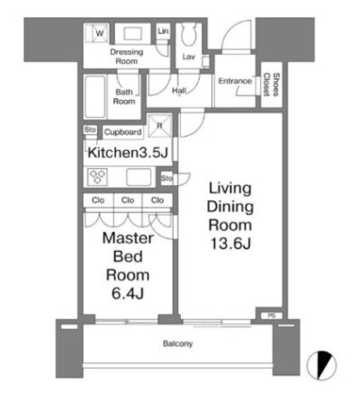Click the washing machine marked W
click(x=96, y=33)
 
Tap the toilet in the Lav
click(x=189, y=34)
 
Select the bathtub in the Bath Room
click(x=95, y=97)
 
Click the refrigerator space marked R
click(x=160, y=126)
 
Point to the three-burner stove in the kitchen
click(x=97, y=177)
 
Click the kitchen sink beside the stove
click(x=139, y=177)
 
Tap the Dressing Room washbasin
click(x=132, y=33)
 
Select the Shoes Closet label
click(x=271, y=84)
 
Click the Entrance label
click(x=235, y=81)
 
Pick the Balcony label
click(x=177, y=343)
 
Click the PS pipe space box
click(x=271, y=316)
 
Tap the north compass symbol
click(x=321, y=365)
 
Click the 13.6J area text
click(x=230, y=244)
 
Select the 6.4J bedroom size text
click(x=128, y=294)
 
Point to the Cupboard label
click(x=122, y=132)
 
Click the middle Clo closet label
click(x=128, y=200)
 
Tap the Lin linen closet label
click(x=163, y=31)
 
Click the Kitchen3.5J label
click(x=128, y=153)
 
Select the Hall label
click(x=179, y=90)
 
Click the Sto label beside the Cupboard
click(x=90, y=129)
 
